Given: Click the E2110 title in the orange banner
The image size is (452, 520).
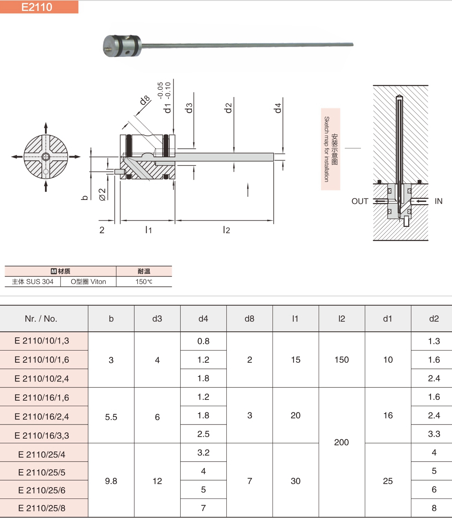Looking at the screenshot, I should [x=37, y=7].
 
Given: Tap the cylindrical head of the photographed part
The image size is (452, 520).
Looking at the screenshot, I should [x=121, y=46].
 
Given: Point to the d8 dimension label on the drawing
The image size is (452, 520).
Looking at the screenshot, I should [x=145, y=100].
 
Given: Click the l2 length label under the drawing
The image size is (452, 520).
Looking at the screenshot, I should [x=226, y=230].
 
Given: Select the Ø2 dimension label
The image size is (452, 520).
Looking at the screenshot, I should [x=102, y=194].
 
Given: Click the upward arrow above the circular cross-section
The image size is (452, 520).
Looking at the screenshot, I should [x=46, y=128].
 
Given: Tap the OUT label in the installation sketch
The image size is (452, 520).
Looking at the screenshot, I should [x=360, y=201].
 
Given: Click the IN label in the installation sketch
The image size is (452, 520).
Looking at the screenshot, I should [x=438, y=201].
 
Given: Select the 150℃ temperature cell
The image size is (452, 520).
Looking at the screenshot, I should [x=144, y=282].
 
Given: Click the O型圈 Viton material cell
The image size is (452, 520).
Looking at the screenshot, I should [x=88, y=282].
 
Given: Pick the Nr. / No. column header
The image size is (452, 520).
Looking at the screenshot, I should [x=41, y=318].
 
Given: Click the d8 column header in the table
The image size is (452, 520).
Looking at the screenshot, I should [x=249, y=318].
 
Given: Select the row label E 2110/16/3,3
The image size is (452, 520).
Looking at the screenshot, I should [x=42, y=435].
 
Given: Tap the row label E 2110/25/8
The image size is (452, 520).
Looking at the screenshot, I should [x=42, y=508].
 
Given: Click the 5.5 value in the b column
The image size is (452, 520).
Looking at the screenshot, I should [x=111, y=417].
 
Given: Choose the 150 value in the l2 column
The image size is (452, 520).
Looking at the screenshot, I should [x=342, y=360].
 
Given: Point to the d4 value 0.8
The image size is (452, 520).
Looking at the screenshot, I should [x=203, y=341].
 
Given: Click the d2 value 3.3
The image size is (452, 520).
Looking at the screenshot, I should [x=434, y=434].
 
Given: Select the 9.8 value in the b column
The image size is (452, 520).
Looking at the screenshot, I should [x=111, y=481].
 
